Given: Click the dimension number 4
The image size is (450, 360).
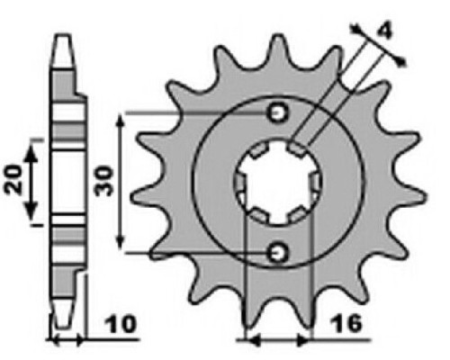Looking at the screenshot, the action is pyautogui.click(x=383, y=31).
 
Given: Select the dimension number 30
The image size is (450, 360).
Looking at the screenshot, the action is pyautogui.click(x=103, y=181).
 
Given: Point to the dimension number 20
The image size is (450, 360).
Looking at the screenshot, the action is pyautogui.click(x=14, y=179).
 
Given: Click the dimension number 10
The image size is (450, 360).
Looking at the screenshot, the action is pyautogui.click(x=121, y=324).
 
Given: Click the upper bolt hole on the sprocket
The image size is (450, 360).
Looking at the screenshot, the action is pyautogui.click(x=278, y=113).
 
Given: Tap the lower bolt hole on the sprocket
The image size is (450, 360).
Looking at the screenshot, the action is pyautogui.click(x=278, y=252).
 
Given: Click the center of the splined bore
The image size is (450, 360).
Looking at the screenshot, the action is pyautogui.click(x=279, y=183).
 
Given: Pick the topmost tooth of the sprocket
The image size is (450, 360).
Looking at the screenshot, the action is pyautogui.click(x=279, y=48).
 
